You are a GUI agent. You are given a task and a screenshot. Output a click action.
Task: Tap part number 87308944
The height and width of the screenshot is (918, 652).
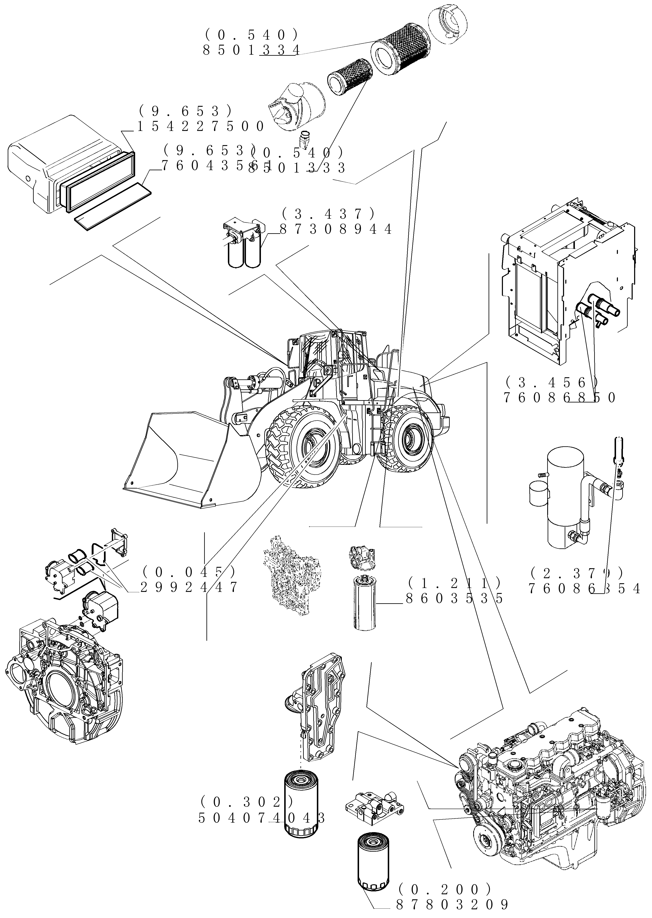click(x=336, y=229)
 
